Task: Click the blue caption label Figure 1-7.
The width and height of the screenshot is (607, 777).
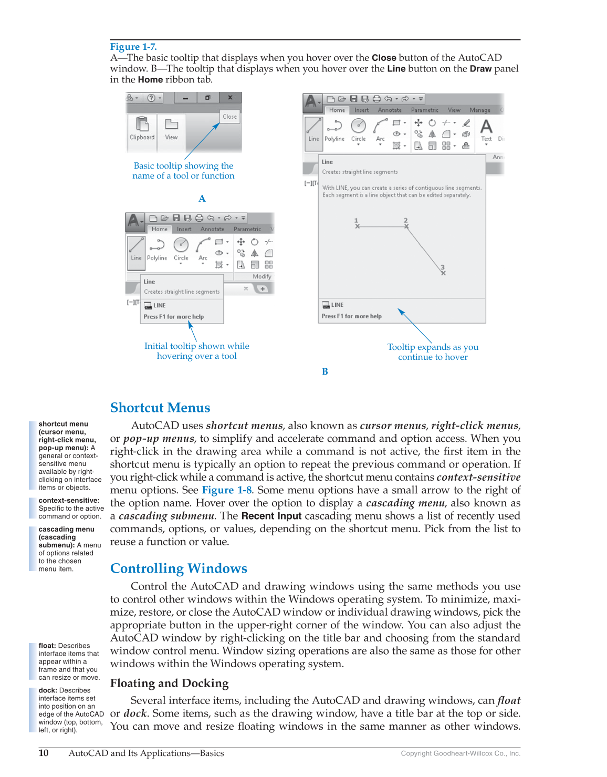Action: pos(133,47)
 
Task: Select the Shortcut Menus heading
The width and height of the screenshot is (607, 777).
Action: pos(160,408)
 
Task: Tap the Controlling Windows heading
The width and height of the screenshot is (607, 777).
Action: pos(179,568)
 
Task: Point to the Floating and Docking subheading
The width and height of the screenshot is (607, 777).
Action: pos(169,683)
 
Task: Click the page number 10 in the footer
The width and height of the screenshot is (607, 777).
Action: pos(44,753)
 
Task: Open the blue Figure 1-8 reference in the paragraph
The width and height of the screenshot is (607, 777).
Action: pos(227,490)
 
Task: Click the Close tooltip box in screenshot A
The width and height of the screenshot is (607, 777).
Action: pos(229,117)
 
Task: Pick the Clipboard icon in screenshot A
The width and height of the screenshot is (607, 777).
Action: pos(142,124)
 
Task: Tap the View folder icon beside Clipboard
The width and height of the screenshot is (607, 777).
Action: pos(172,124)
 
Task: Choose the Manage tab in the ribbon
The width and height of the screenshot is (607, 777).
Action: pos(480,110)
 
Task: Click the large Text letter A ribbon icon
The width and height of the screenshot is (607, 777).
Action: pos(486,127)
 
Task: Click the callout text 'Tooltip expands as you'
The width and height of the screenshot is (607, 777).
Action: pos(433,347)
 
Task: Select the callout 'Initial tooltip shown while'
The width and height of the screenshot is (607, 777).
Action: pos(196,346)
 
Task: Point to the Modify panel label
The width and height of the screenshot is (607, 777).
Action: pos(262,276)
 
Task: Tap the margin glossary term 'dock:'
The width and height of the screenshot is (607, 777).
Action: pos(48,690)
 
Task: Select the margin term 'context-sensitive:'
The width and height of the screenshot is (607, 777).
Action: pos(69,501)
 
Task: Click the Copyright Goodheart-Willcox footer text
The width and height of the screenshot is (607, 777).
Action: pos(461,753)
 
